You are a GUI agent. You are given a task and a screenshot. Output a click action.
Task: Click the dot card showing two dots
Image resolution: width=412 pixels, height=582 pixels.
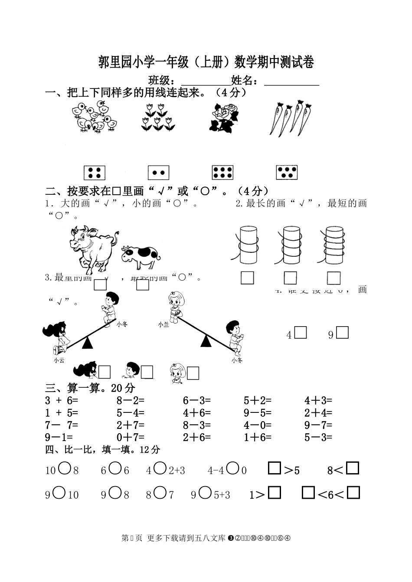(x=158, y=173)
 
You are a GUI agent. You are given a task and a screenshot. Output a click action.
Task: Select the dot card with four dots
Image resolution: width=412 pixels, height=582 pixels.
(x=95, y=173)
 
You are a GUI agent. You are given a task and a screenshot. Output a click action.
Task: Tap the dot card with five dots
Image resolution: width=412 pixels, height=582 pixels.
(x=287, y=173)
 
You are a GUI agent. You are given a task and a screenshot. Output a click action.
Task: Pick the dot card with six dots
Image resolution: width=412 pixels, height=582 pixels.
(x=223, y=173)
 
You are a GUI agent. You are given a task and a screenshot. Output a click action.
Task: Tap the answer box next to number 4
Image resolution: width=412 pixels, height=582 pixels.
(x=301, y=333)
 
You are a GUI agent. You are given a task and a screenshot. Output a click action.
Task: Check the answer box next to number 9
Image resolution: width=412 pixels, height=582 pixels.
(x=343, y=333)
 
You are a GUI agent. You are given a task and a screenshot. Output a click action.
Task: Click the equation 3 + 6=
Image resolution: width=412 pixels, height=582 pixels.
(x=61, y=400)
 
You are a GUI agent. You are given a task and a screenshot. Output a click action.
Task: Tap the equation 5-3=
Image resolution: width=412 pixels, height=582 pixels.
(x=318, y=437)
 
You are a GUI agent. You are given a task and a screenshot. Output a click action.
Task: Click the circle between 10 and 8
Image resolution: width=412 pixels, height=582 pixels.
(x=64, y=468)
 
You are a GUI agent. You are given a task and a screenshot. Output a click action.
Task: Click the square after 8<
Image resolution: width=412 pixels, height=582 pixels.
(x=353, y=468)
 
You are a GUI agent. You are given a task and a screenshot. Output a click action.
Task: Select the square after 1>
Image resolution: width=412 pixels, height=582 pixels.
(x=275, y=493)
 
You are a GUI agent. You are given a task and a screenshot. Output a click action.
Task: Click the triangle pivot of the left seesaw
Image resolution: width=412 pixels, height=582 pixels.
(x=88, y=343)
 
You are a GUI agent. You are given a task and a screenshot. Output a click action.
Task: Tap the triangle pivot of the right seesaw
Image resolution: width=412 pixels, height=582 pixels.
(x=206, y=341)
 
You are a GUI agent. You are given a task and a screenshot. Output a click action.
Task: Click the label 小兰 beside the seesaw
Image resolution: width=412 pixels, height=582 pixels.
(x=163, y=324)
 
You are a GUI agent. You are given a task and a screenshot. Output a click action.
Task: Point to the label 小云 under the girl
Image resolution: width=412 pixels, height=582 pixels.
(x=59, y=360)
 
